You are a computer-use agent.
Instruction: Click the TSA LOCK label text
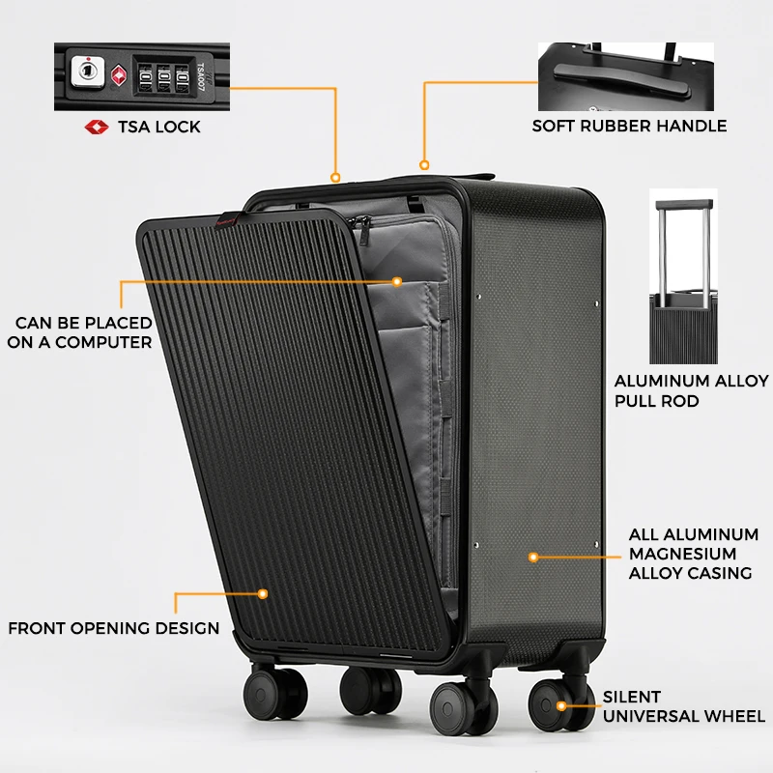[x=158, y=128]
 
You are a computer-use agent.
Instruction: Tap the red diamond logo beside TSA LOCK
[x=97, y=128]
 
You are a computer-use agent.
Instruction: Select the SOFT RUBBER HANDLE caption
[x=629, y=127]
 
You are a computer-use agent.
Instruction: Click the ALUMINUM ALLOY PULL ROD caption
[x=691, y=391]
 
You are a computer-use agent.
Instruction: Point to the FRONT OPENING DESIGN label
[x=114, y=628]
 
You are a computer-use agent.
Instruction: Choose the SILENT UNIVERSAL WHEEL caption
[x=684, y=706]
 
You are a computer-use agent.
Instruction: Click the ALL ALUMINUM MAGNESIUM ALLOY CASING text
[x=694, y=554]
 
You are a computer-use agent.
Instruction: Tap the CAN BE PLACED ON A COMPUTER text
[x=80, y=332]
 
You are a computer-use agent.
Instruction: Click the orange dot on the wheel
[x=561, y=706]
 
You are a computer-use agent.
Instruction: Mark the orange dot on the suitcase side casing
[x=533, y=558]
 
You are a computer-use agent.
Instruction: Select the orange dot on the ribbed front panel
[x=263, y=594]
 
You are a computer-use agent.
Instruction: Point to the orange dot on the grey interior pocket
[x=397, y=281]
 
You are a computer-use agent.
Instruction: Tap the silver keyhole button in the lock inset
[x=87, y=72]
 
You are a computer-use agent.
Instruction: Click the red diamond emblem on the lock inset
[x=118, y=75]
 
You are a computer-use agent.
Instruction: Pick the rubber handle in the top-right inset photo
[x=621, y=79]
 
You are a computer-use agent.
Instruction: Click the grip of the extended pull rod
[x=684, y=205]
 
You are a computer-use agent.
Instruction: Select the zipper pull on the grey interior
[x=363, y=229]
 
